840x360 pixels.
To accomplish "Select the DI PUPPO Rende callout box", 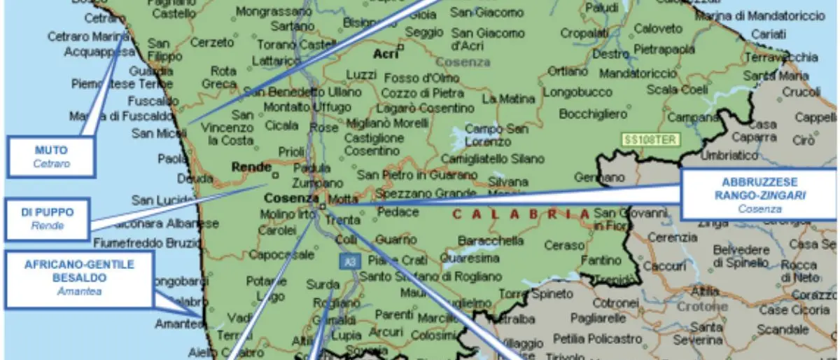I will [x=48, y=217].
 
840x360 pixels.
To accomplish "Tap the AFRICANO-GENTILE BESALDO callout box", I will [x=78, y=277].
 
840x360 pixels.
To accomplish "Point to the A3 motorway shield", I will [x=346, y=261].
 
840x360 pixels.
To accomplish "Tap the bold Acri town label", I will [x=384, y=54].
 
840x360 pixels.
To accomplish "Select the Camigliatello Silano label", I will [x=482, y=159].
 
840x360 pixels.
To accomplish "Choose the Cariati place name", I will [x=768, y=34].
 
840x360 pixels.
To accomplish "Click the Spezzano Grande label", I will [x=416, y=193].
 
